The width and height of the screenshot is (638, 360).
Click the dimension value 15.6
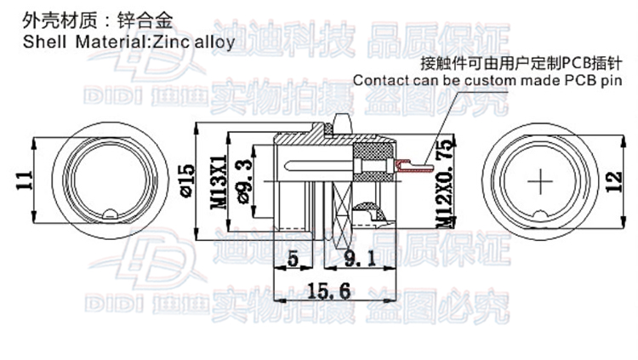pos(328,290)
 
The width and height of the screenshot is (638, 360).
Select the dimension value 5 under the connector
pos(293,259)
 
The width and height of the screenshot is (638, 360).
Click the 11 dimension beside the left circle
pos(25,180)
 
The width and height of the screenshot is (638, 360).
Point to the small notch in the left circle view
pos(109,214)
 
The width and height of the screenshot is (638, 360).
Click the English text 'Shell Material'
pos(82,40)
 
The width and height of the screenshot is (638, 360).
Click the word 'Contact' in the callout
pos(379,81)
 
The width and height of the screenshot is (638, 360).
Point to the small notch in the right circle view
pos(542,214)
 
